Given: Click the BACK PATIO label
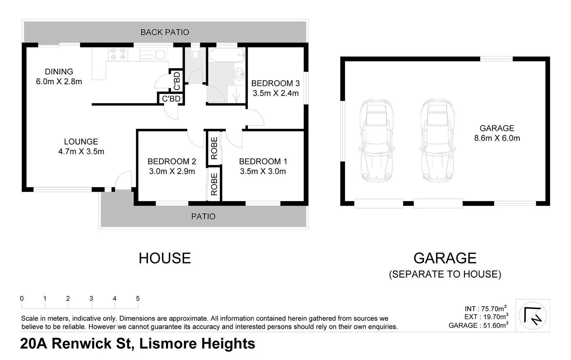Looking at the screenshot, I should click(x=165, y=32).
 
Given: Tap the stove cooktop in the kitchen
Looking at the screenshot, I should click(x=118, y=54).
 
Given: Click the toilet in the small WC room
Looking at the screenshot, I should click(x=195, y=54).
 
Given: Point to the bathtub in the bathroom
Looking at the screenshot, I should click(x=227, y=55).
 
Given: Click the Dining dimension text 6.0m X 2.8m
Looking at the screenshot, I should click(x=59, y=81).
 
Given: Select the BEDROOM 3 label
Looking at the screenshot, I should click(x=275, y=83).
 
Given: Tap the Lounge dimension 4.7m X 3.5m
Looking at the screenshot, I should click(x=81, y=151).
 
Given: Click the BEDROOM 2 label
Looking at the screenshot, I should click(x=172, y=161).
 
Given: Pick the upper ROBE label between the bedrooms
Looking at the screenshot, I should click(x=214, y=148).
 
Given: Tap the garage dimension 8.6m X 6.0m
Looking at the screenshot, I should click(x=497, y=138).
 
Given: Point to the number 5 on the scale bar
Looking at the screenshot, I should click(x=138, y=299).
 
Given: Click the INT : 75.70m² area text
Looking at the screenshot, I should click(x=485, y=309).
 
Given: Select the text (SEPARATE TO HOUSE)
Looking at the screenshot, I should click(x=445, y=274).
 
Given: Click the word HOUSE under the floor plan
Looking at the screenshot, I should click(x=165, y=258).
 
